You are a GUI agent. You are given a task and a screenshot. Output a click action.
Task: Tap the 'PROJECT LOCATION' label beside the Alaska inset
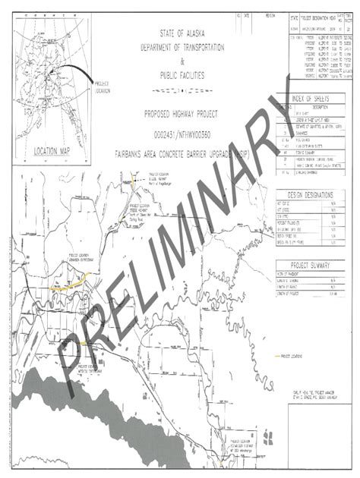pyautogui.click(x=101, y=86)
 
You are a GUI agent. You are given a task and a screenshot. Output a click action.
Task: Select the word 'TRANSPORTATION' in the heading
pyautogui.click(x=202, y=47)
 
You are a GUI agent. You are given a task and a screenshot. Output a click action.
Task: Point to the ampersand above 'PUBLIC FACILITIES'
pyautogui.click(x=182, y=61)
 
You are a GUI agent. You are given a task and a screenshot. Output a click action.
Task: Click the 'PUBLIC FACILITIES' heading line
pyautogui.click(x=182, y=74)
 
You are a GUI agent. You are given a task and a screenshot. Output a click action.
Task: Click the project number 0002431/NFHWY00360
pyautogui.click(x=182, y=127)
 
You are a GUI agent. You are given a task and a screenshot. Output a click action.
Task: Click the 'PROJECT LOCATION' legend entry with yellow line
pyautogui.click(x=293, y=354)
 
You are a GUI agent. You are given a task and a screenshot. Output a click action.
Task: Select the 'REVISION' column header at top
pyautogui.click(x=262, y=14)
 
